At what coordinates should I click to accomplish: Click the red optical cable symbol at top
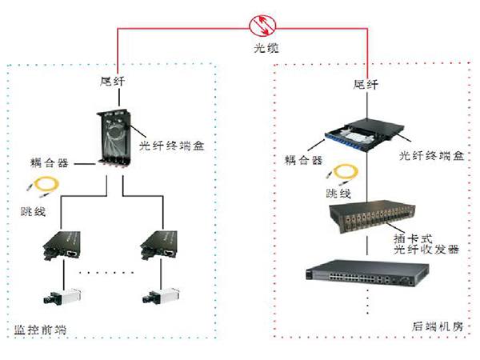pos(261,25)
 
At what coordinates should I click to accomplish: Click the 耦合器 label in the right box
pos(304,160)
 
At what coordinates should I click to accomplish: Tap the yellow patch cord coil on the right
pos(346,174)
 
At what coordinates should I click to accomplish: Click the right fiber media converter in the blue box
pos(162,245)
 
